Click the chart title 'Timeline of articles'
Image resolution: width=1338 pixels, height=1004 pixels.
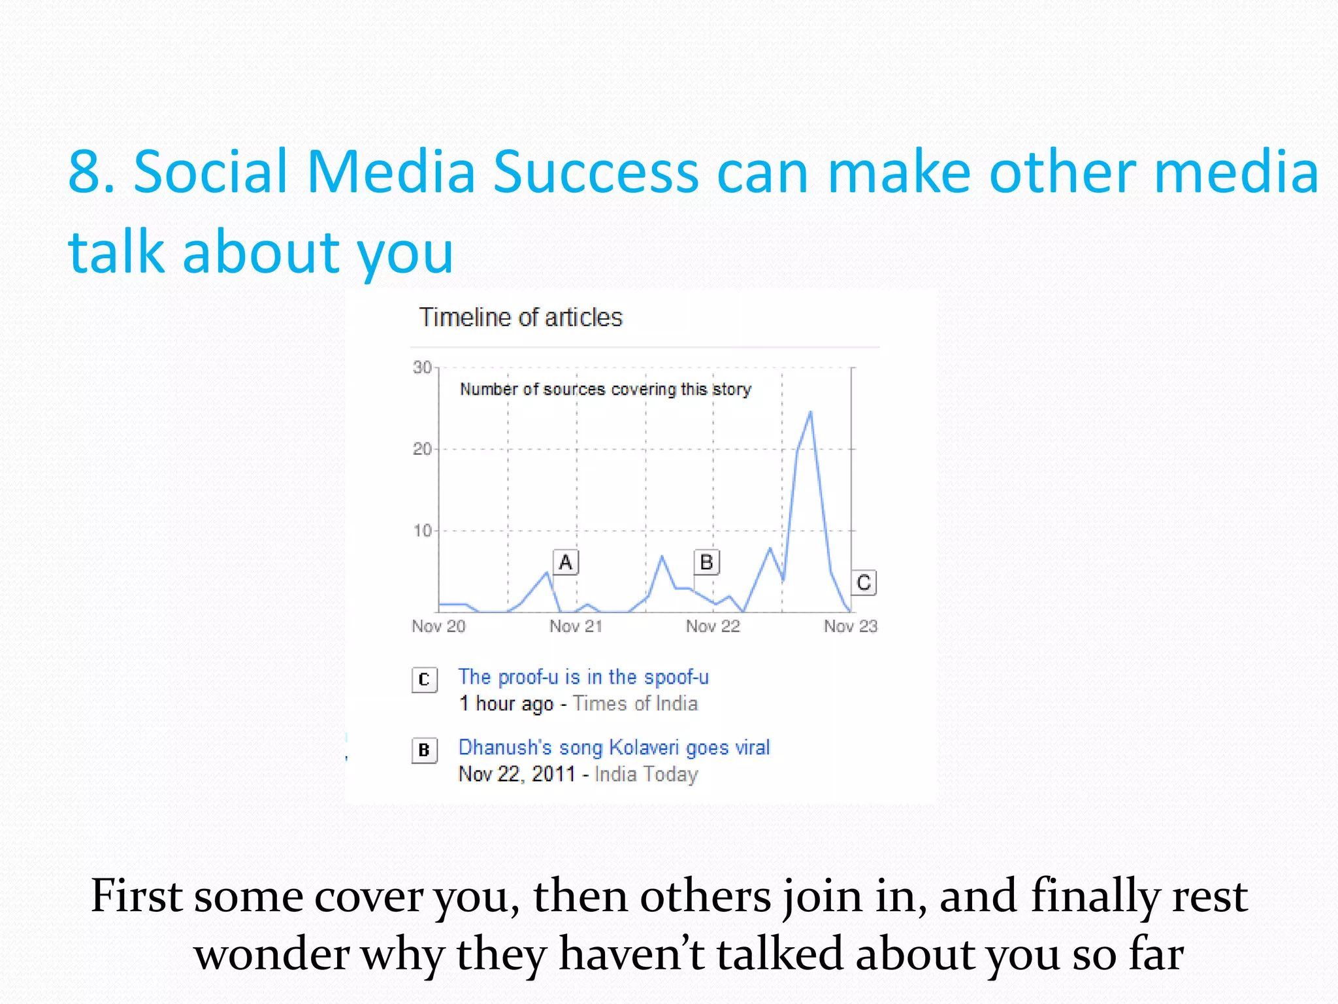click(x=521, y=318)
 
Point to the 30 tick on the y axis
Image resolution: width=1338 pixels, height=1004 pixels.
click(x=422, y=367)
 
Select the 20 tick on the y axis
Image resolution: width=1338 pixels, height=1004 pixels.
click(x=422, y=449)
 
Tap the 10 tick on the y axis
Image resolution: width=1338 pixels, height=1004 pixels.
click(x=422, y=531)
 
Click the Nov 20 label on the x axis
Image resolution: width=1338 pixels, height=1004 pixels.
click(x=438, y=626)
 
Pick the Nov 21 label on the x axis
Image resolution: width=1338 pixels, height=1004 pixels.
click(x=576, y=626)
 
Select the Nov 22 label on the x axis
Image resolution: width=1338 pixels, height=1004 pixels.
click(x=713, y=626)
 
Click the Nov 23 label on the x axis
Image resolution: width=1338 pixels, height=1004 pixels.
click(x=850, y=626)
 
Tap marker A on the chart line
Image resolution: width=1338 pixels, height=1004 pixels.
click(x=566, y=562)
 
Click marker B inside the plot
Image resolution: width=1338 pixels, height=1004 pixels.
click(x=706, y=562)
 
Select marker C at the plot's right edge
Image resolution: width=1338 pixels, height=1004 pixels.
click(x=864, y=582)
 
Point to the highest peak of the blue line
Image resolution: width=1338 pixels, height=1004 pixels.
click(x=811, y=412)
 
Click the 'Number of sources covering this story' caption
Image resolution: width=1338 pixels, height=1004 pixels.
click(x=605, y=390)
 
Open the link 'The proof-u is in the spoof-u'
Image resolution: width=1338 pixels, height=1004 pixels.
click(x=583, y=677)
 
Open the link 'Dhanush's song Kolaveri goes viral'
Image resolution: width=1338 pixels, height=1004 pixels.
click(x=613, y=747)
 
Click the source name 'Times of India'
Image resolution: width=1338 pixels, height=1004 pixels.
click(x=635, y=704)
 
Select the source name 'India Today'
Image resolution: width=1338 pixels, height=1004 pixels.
click(x=646, y=775)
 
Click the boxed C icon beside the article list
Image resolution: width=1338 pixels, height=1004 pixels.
click(x=424, y=680)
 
